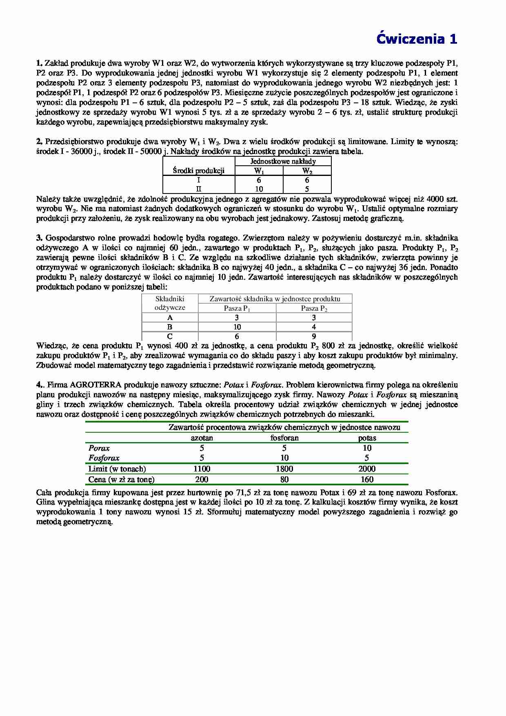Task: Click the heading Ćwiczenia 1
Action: click(416, 39)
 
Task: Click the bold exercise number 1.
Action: click(39, 63)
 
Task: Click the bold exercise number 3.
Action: click(39, 238)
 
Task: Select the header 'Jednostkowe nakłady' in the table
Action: click(283, 161)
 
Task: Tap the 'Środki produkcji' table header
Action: click(199, 171)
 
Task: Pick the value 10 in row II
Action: click(259, 189)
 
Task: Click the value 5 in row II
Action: click(307, 189)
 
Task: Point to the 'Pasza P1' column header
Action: click(237, 309)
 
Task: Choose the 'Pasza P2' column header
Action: click(314, 309)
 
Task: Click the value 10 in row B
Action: click(237, 327)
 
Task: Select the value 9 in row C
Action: click(314, 337)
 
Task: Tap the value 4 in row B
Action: click(314, 327)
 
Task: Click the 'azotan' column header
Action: click(202, 438)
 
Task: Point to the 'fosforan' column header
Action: click(284, 438)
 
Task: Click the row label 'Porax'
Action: click(99, 448)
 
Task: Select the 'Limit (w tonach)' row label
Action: click(117, 469)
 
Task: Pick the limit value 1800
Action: click(284, 469)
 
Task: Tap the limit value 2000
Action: click(367, 469)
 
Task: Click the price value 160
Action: click(367, 480)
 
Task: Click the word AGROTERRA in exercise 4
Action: click(95, 385)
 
